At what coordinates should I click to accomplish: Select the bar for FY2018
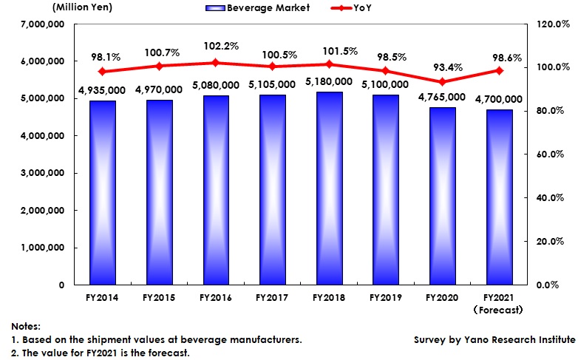(x=327, y=189)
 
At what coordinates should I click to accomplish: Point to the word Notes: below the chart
(x=27, y=326)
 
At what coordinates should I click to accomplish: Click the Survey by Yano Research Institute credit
(x=494, y=339)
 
